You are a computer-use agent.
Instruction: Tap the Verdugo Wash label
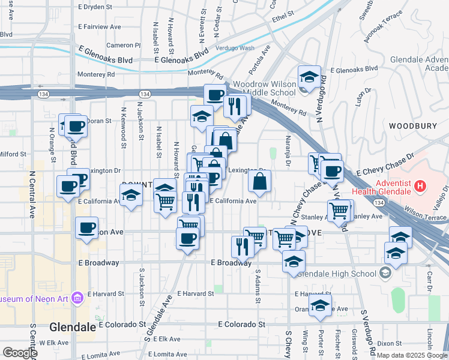pos(234,48)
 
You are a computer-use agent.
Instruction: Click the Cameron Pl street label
pos(123,45)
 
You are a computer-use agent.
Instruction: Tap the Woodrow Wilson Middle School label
pos(264,88)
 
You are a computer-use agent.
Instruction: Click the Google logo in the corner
pos(19,353)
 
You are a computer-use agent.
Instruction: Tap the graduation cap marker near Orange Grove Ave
pos(321,305)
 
